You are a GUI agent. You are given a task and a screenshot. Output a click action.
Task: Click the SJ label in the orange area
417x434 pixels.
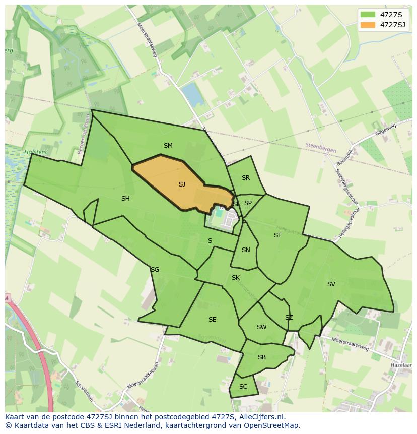tap(182, 184)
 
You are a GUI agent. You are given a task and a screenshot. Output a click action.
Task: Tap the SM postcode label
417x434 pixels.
tap(168, 146)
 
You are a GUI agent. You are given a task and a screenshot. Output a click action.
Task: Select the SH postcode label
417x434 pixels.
tap(125, 199)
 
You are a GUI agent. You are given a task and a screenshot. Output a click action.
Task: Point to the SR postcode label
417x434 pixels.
tap(245, 178)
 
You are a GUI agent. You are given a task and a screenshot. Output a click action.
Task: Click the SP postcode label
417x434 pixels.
tap(248, 203)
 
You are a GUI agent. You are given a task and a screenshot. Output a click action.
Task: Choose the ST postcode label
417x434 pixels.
tap(277, 235)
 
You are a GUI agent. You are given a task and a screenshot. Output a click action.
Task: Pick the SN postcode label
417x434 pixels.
tap(246, 250)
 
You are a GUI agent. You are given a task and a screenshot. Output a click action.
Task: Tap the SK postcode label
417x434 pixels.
tap(236, 278)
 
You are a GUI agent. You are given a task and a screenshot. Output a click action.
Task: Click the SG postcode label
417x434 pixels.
tap(155, 270)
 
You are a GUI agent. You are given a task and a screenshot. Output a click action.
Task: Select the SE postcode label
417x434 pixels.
tap(212, 320)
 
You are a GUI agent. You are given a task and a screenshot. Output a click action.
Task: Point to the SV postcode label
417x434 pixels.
tap(331, 284)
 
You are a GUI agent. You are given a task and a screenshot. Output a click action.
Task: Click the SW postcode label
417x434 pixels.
tap(261, 327)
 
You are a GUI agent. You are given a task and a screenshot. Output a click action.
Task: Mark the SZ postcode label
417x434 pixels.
tap(289, 318)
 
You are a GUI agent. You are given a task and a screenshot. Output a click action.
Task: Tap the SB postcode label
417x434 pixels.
tap(261, 357)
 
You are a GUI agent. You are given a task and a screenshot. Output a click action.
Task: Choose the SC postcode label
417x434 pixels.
tap(243, 387)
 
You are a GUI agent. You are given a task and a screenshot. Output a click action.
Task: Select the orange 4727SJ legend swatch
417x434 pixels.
tap(368, 25)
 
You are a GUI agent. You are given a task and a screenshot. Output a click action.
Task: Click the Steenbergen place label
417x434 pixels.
tap(320, 145)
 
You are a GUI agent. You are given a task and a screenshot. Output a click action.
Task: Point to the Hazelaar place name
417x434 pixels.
tap(401, 364)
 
